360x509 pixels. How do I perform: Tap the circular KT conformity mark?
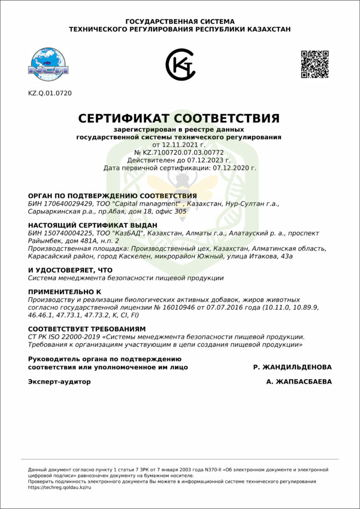180,64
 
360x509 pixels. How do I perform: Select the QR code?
314,64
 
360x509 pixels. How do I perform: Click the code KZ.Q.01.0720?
50,93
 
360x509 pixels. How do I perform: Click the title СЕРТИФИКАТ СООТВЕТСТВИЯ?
179,119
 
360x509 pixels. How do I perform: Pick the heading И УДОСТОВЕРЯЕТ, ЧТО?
70,270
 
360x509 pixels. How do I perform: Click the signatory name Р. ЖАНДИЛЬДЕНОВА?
292,367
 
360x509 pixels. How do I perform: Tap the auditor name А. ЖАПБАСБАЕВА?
299,382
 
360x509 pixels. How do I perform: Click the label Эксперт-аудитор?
60,382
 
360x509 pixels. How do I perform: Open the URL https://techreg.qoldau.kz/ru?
60,487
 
